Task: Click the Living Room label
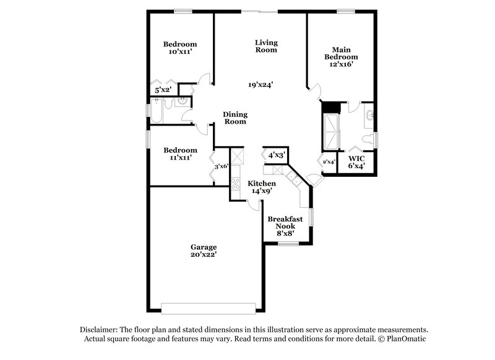point(267,46)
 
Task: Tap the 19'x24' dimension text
point(260,85)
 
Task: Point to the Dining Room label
point(235,118)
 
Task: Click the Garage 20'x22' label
point(203,250)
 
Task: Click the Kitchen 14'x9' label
point(262,187)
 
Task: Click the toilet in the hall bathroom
point(184,101)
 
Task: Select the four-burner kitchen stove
point(235,183)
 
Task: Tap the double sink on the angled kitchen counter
point(290,177)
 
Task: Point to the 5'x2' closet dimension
point(162,90)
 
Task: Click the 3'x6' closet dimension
point(221,166)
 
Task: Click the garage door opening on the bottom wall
point(208,307)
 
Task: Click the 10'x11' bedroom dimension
point(180,53)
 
